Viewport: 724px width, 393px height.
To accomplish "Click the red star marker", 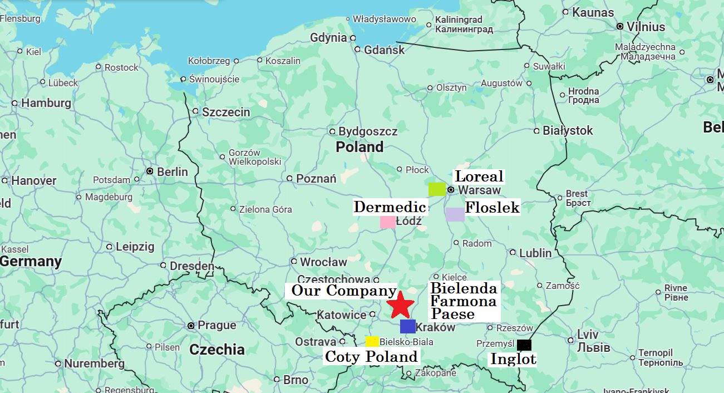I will [x=401, y=305].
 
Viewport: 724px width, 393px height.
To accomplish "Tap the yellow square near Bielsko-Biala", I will [x=372, y=341].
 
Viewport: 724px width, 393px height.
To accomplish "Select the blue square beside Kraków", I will [x=407, y=327].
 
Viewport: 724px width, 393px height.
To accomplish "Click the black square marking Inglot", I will [x=524, y=345].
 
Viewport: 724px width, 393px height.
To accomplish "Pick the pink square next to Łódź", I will [x=388, y=222].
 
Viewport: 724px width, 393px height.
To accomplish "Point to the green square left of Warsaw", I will [x=437, y=189].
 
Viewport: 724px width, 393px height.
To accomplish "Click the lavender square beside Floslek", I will [x=455, y=215].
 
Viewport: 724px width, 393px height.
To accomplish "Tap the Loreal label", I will [x=479, y=176].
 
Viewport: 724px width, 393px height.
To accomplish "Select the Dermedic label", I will [x=390, y=207].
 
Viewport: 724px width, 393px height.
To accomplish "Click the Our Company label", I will [x=343, y=290].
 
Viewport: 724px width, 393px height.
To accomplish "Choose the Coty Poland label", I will [x=371, y=357].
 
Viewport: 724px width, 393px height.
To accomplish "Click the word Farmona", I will [x=464, y=301].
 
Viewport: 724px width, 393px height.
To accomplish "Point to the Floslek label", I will [x=492, y=208].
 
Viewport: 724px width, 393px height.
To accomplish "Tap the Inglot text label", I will [x=513, y=360].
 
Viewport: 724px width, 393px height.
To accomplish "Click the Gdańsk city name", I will [x=384, y=50].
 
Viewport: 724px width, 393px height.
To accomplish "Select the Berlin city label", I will [x=172, y=171].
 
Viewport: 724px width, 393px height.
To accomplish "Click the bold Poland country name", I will [x=359, y=147].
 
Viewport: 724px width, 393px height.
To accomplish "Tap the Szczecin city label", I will [x=226, y=112].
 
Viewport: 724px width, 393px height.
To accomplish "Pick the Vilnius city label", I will [x=646, y=27].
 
